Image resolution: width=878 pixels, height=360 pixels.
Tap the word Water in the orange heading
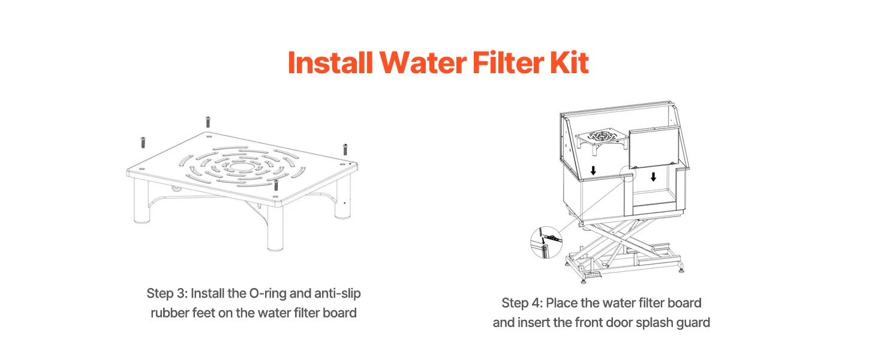pyautogui.click(x=423, y=62)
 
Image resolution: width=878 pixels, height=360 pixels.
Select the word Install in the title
pyautogui.click(x=330, y=62)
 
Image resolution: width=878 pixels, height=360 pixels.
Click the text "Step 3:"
pyautogui.click(x=167, y=294)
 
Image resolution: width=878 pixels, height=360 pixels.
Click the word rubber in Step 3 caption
pyautogui.click(x=169, y=313)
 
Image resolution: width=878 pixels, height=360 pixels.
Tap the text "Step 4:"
pyautogui.click(x=522, y=303)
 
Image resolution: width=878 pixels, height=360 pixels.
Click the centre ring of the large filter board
pyautogui.click(x=241, y=167)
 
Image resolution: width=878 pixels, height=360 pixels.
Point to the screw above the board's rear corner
pyautogui.click(x=208, y=122)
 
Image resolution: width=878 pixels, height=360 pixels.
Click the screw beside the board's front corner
pyautogui.click(x=276, y=185)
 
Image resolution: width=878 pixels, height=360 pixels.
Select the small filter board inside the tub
pyautogui.click(x=602, y=140)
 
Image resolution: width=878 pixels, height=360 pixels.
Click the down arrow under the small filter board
pyautogui.click(x=594, y=170)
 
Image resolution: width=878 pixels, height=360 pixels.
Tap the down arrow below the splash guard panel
pyautogui.click(x=654, y=177)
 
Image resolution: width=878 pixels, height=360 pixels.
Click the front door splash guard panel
pyautogui.click(x=654, y=147)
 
